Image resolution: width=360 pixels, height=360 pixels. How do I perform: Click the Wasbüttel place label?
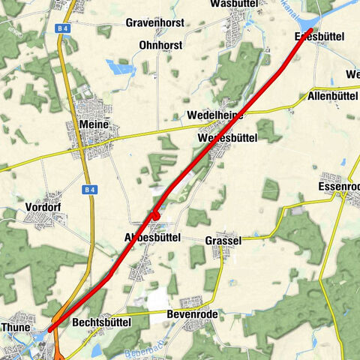click(x=235, y=4)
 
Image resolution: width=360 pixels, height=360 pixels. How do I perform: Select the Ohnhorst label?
click(x=160, y=46)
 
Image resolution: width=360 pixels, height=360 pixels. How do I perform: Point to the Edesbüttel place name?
click(x=313, y=36)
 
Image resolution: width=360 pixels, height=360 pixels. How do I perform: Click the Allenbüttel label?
click(x=332, y=97)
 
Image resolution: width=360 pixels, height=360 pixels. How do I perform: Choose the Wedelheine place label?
click(x=215, y=115)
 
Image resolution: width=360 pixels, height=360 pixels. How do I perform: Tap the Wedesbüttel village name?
click(x=228, y=138)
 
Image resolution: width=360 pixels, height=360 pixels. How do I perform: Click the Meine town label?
click(x=93, y=124)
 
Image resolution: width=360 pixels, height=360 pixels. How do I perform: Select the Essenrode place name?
click(x=339, y=186)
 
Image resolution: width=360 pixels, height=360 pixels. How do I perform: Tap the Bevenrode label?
click(x=192, y=314)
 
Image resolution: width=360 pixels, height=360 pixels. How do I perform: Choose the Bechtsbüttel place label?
click(x=102, y=322)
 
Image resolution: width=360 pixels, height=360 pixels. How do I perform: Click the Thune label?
click(x=16, y=328)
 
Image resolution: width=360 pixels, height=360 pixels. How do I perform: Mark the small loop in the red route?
click(x=156, y=216)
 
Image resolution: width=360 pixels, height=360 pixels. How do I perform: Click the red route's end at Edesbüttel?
click(x=309, y=30)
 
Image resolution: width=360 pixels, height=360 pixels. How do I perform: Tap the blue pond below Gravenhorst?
click(x=121, y=68)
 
